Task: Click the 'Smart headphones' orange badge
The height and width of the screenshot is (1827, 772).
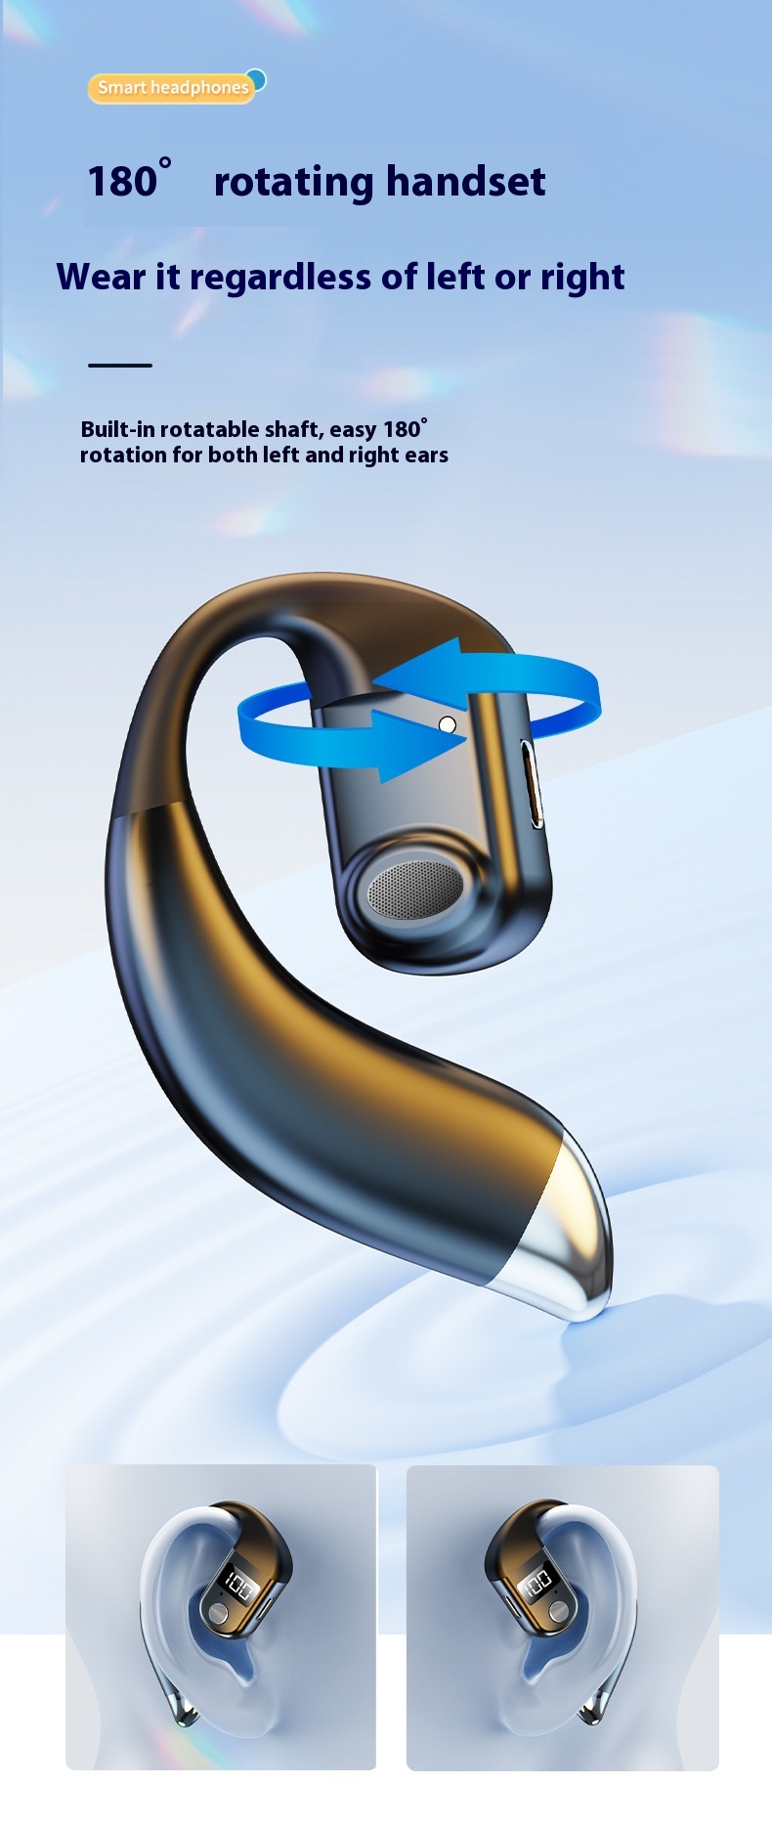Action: (171, 88)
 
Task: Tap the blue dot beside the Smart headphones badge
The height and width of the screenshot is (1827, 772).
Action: (257, 78)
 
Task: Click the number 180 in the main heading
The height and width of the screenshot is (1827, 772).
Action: (122, 182)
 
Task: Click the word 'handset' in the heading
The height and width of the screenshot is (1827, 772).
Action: (465, 181)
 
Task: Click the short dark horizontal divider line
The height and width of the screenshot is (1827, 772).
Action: (120, 366)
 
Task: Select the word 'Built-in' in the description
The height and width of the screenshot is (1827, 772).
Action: (117, 429)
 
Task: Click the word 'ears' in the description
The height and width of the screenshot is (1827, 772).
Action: (426, 456)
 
